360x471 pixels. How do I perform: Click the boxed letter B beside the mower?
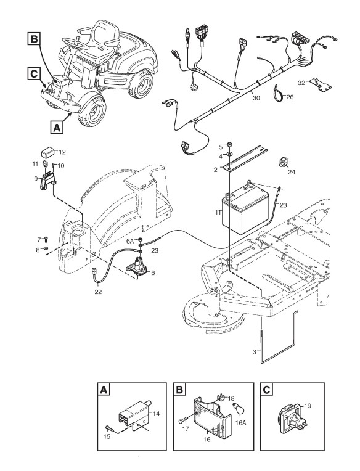point(35,39)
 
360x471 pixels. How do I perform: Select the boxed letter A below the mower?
point(57,127)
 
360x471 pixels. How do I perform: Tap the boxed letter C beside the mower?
point(34,73)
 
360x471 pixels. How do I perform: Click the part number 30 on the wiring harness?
point(256,98)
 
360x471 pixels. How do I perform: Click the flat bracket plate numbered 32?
point(321,84)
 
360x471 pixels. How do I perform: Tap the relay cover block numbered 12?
point(49,152)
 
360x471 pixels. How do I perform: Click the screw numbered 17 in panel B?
point(186,420)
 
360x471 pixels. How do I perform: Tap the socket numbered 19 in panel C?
point(290,419)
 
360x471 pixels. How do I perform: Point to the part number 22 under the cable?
point(98,292)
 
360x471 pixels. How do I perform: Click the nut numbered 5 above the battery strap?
point(229,143)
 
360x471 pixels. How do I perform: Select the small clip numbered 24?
point(283,162)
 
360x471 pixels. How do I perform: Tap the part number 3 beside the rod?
point(255,351)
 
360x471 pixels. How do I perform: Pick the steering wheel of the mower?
point(75,43)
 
